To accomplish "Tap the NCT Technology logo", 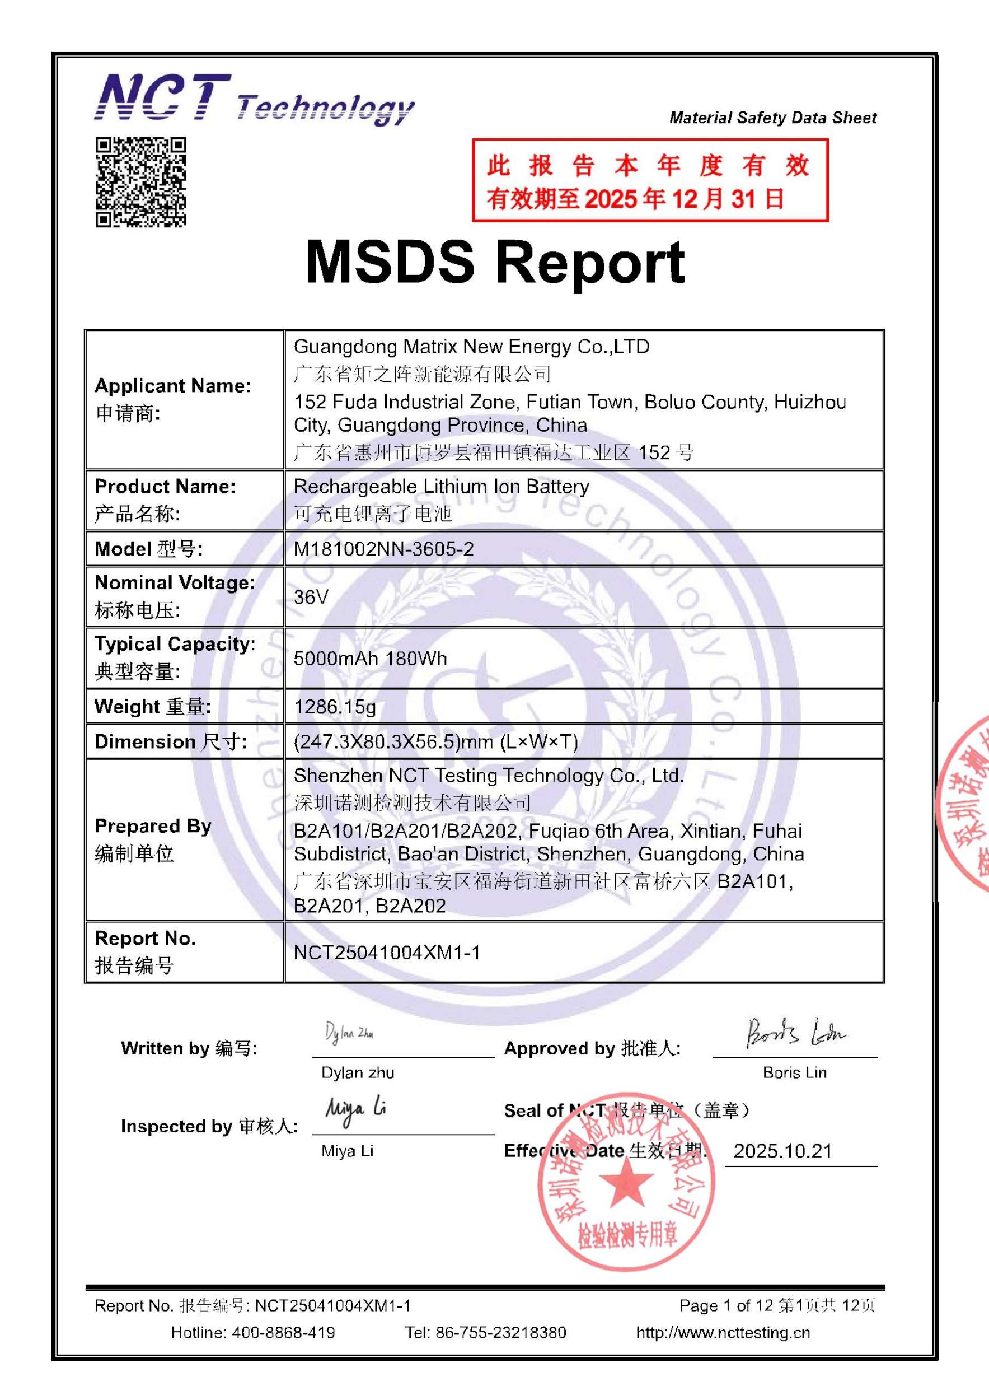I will (254, 99).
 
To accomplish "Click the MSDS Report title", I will (495, 262).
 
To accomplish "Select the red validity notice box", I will (650, 180).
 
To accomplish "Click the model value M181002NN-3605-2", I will (383, 549).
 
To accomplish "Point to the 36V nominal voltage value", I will (311, 597).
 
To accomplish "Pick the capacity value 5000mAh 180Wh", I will (370, 659).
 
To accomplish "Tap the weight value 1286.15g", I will (335, 707).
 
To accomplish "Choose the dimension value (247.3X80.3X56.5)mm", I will (435, 742).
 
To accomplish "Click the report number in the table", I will (386, 953).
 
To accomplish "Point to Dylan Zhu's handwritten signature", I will (349, 1033).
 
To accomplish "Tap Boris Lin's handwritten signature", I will (795, 1033).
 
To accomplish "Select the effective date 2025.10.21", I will (782, 1151).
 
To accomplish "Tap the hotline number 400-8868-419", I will (283, 1332).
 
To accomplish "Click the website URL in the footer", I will (723, 1332).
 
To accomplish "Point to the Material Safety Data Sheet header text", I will (773, 118).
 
